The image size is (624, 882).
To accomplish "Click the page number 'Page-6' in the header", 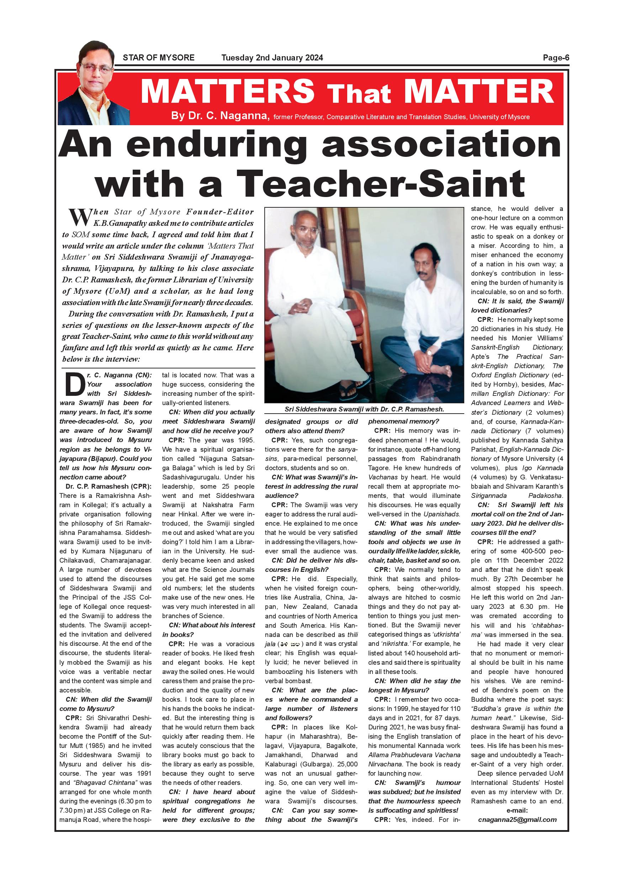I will (556, 58).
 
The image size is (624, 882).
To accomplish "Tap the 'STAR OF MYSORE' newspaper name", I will (158, 58).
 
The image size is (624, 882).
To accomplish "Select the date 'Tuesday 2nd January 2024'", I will (272, 58).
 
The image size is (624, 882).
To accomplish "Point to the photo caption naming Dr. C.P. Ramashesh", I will (364, 409).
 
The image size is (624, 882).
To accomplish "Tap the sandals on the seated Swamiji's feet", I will (350, 392).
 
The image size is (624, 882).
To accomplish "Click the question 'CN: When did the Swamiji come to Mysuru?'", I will (106, 704).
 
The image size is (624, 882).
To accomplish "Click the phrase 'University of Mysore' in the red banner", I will (499, 117).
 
